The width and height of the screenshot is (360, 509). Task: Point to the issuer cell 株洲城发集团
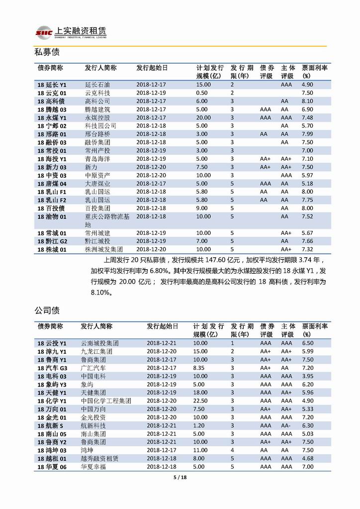point(104,249)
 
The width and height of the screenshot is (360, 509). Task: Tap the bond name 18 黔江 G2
point(53,241)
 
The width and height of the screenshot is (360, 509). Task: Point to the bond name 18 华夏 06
point(52,467)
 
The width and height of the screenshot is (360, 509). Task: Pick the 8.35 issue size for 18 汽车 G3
point(199,368)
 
